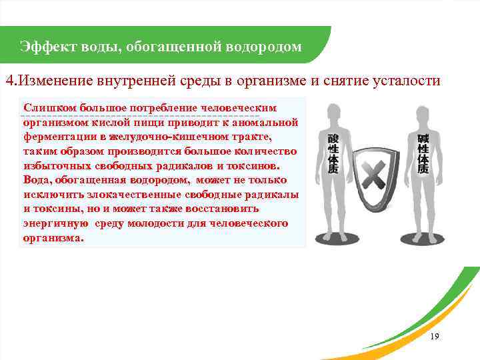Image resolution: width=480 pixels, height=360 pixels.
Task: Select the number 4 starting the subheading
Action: [9, 81]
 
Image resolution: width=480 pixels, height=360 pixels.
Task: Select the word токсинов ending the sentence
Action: [254, 166]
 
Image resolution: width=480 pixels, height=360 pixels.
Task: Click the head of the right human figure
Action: [423, 113]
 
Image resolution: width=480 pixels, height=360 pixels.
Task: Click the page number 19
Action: [435, 337]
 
